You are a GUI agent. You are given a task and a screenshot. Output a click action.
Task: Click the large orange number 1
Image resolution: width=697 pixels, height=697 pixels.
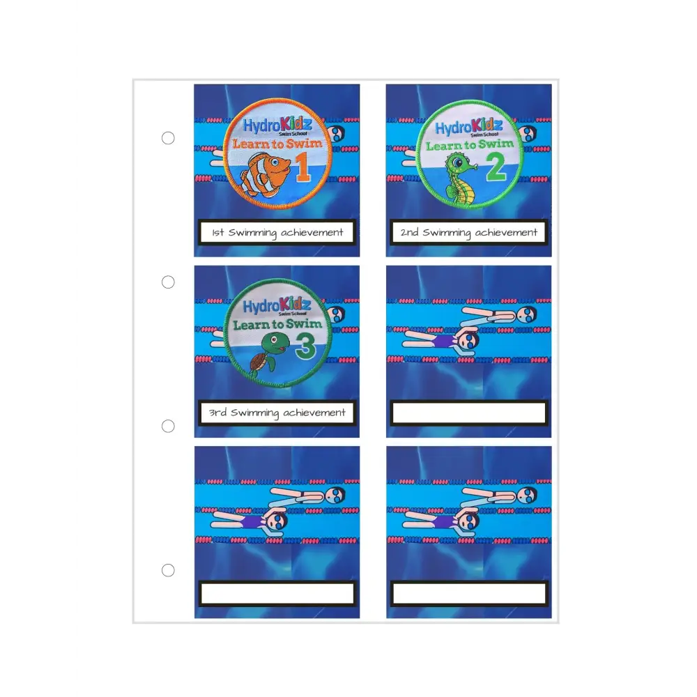point(302,167)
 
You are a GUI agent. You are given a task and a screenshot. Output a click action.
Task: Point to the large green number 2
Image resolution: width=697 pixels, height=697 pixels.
point(496,167)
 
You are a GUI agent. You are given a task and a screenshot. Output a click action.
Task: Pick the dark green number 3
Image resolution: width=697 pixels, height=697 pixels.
point(305,346)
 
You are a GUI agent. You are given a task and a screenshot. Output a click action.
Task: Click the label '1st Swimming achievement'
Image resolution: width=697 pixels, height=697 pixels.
point(277,232)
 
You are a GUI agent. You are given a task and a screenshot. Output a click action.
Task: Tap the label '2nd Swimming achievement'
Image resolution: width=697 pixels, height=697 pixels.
point(469,232)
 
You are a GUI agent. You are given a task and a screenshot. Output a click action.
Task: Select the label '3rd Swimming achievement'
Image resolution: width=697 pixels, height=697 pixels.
point(277,413)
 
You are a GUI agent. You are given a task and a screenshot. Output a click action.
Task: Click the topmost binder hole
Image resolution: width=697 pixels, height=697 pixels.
point(168,138)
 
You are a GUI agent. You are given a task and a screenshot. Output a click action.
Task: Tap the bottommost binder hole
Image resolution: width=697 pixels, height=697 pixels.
point(168,570)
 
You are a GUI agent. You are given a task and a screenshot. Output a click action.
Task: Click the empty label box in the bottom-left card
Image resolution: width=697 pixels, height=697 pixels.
point(277,593)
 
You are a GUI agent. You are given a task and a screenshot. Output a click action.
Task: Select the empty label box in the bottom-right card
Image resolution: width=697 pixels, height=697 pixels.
point(469,593)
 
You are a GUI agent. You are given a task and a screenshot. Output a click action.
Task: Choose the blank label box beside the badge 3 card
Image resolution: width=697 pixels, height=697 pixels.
point(469,413)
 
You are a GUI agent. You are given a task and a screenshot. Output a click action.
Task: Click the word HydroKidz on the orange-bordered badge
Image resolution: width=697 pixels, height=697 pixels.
point(277,125)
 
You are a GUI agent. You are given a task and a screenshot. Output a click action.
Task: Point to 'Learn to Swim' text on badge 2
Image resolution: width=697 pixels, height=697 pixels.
point(469,145)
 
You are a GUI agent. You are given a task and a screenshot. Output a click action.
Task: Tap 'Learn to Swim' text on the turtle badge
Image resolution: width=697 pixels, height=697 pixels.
point(277,325)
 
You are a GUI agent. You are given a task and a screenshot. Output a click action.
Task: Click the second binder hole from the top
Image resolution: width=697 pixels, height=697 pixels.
point(168,282)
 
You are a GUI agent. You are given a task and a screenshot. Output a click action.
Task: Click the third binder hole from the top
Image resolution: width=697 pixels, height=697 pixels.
point(168,427)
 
